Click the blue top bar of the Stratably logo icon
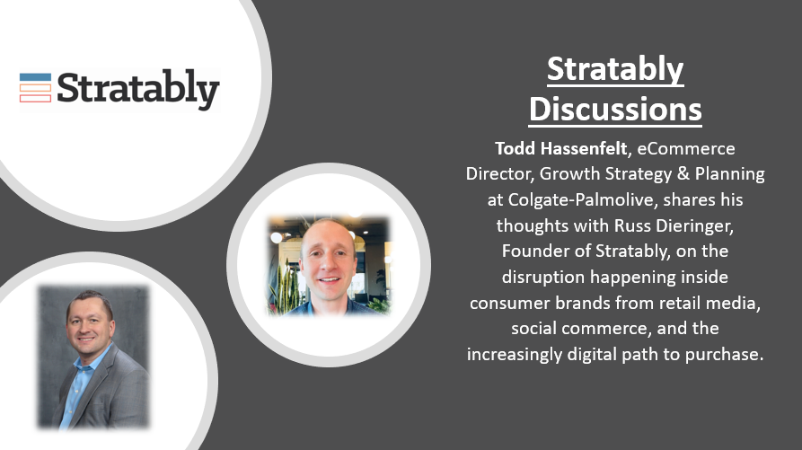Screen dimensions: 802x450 [x=35, y=77]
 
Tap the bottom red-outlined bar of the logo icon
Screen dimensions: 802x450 [x=35, y=98]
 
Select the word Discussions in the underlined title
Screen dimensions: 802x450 [x=615, y=109]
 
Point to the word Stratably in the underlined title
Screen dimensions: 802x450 [x=615, y=69]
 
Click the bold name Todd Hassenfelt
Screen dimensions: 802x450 [x=561, y=148]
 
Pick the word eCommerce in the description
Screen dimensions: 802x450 [x=686, y=148]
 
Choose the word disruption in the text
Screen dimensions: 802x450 [x=543, y=278]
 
